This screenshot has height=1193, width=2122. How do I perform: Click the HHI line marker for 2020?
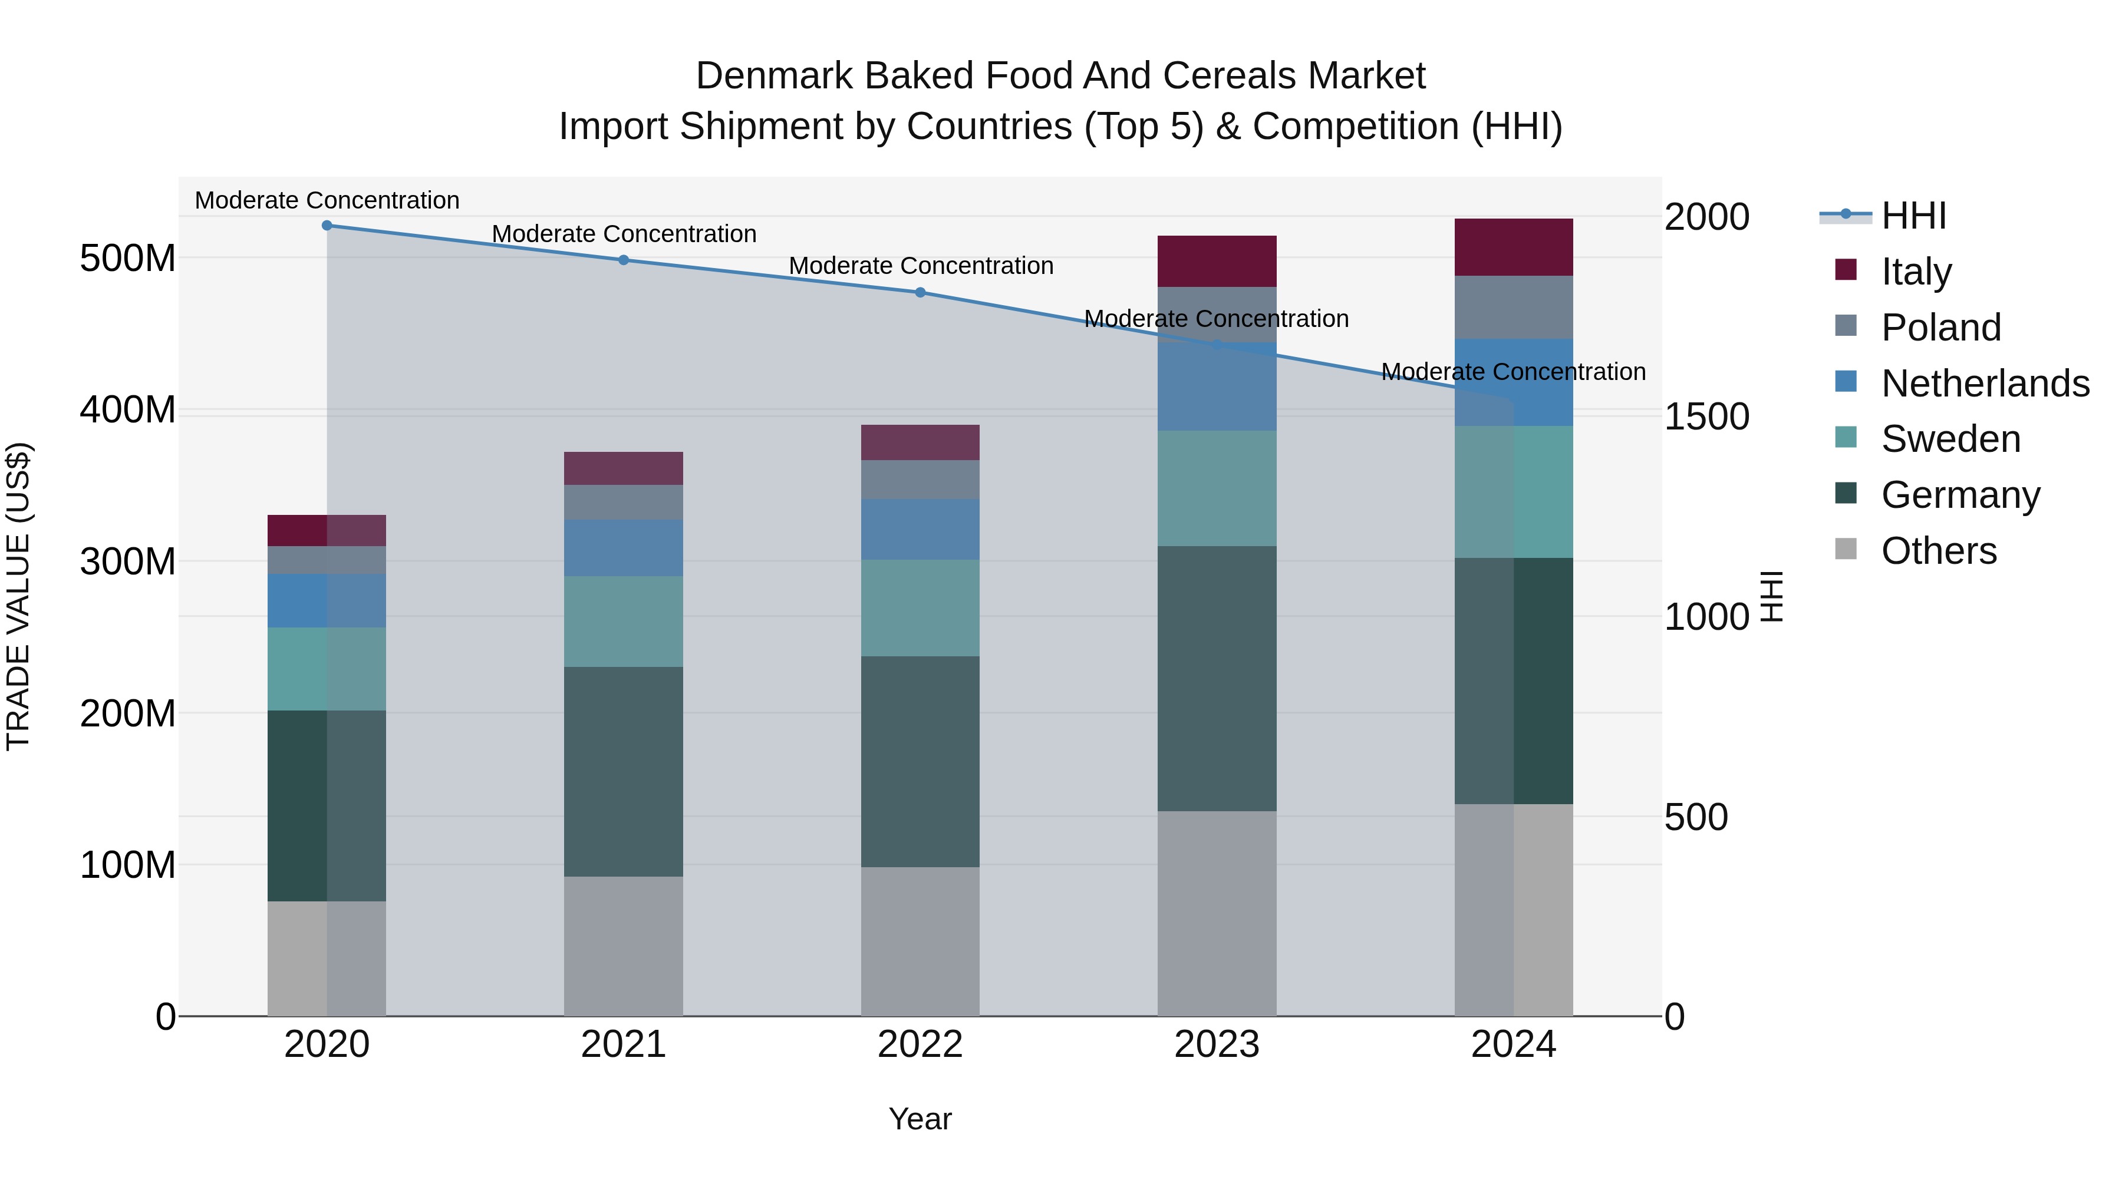[x=327, y=225]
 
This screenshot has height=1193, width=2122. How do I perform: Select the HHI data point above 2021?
[x=624, y=260]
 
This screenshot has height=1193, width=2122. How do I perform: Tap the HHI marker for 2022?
[x=920, y=292]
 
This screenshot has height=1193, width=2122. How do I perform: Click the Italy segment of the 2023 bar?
[x=1217, y=261]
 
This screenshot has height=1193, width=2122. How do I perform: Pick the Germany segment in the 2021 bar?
[x=624, y=771]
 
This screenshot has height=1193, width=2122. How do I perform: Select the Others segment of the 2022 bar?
[x=920, y=941]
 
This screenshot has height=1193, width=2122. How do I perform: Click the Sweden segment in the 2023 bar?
[x=1217, y=488]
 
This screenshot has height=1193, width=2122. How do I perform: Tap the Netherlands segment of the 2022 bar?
[x=920, y=530]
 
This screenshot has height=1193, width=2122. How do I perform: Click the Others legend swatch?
[x=1846, y=549]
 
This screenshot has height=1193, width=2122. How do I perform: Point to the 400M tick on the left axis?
[x=128, y=409]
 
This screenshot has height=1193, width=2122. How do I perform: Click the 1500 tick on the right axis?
[x=1706, y=417]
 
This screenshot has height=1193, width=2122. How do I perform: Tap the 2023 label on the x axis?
[x=1217, y=1045]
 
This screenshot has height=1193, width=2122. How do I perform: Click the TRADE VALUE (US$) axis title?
[x=18, y=596]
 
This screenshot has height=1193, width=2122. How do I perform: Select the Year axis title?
[x=920, y=1119]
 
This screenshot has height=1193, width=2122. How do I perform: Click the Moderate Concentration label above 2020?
[x=327, y=200]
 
